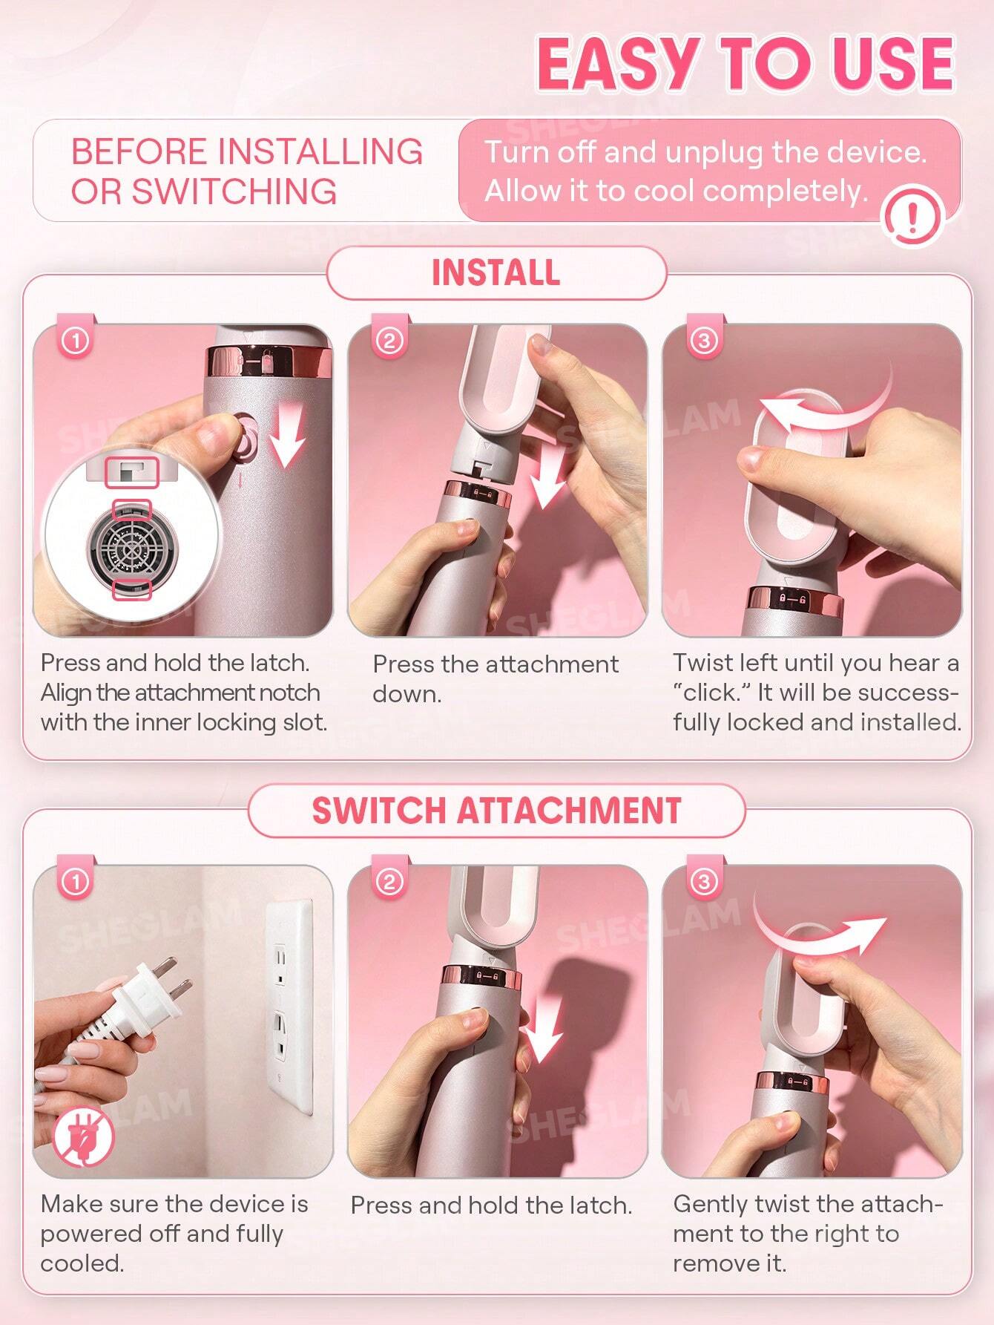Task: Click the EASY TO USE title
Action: pos(745,65)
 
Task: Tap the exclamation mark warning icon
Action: pos(912,217)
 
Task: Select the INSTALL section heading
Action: pos(496,272)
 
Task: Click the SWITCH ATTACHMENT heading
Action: pos(496,811)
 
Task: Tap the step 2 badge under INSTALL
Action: pos(390,341)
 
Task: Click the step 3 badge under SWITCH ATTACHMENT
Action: pos(704,881)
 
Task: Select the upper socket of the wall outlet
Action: pos(282,966)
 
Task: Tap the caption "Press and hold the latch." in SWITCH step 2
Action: pos(491,1205)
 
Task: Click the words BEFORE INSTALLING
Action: pos(246,151)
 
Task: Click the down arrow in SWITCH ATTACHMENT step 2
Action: pos(543,1036)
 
